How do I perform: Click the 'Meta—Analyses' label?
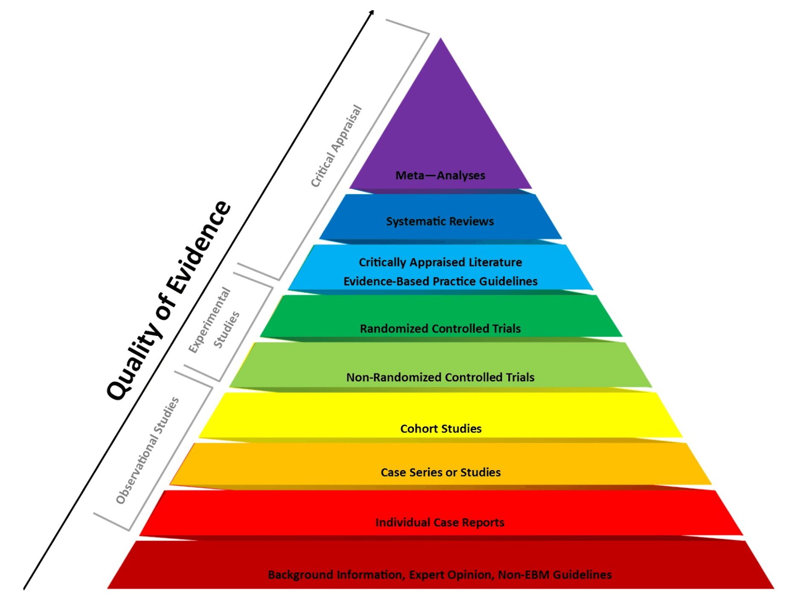(440, 175)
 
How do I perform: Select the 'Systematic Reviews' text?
(440, 221)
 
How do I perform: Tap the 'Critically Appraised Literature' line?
(440, 262)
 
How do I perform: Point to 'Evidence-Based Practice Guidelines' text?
(440, 281)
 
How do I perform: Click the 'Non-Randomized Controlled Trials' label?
(440, 377)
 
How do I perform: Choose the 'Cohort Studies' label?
(440, 429)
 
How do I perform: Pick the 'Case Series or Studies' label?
(440, 472)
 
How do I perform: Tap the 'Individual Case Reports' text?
(440, 522)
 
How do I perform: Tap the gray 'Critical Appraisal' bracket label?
(336, 146)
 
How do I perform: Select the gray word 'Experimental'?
(209, 320)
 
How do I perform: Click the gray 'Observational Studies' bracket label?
(147, 450)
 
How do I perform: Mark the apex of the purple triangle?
(440, 39)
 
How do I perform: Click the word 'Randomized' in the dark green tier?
(394, 329)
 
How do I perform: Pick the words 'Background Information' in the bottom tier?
(335, 575)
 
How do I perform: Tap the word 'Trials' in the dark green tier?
(506, 329)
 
